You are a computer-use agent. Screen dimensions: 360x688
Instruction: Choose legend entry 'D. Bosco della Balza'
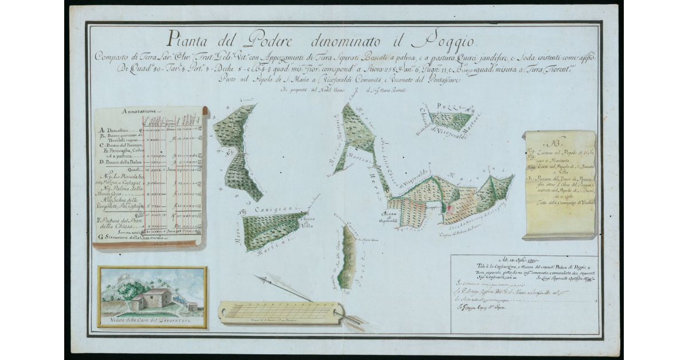121,162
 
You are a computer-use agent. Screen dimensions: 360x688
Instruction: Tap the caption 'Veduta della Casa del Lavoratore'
151,320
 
